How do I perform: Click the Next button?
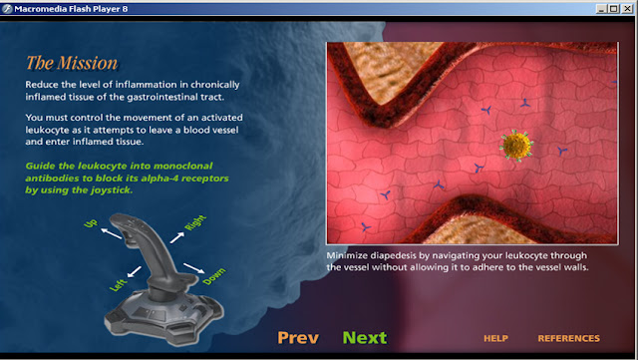(x=365, y=338)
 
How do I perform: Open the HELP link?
(x=495, y=338)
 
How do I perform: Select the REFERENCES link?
(x=568, y=338)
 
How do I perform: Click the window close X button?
(x=627, y=8)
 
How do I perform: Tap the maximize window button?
(x=614, y=8)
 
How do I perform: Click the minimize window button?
(x=602, y=8)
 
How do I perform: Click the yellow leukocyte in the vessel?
(x=516, y=146)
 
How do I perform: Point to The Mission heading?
(x=72, y=63)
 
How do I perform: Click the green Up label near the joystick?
(x=91, y=223)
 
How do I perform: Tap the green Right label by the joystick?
(x=195, y=222)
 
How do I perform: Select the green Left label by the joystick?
(x=118, y=285)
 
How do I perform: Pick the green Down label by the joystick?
(x=214, y=276)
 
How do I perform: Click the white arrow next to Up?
(x=111, y=233)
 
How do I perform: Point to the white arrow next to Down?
(x=194, y=268)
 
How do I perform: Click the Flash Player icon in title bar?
(x=7, y=9)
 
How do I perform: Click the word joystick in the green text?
(x=112, y=190)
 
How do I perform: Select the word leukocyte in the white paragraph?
(x=45, y=130)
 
